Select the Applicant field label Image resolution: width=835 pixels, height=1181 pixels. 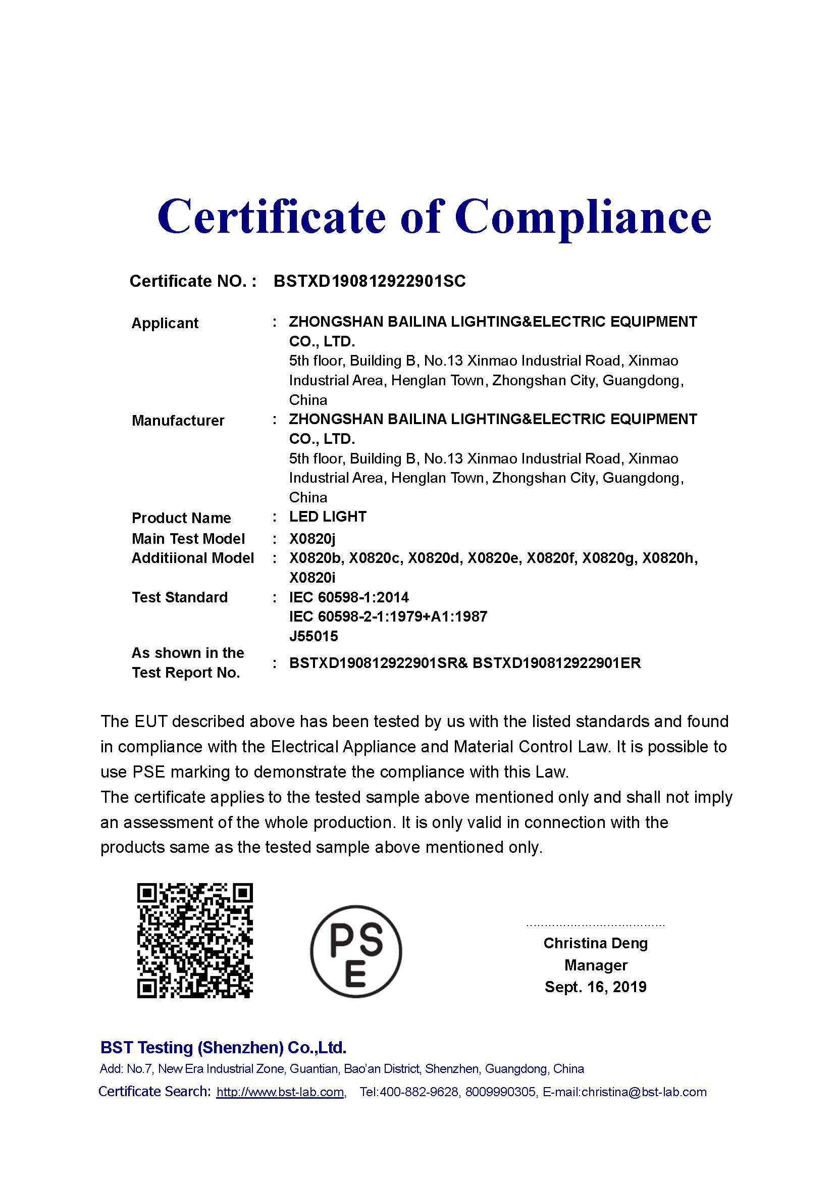[x=165, y=323]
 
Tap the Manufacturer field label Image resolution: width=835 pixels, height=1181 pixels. [x=178, y=420]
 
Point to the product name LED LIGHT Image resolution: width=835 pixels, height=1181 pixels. [x=328, y=517]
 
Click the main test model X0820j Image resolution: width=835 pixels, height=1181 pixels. [x=312, y=539]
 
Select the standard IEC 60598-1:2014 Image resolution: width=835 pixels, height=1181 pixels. [x=349, y=597]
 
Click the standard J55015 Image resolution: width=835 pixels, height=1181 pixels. [x=314, y=636]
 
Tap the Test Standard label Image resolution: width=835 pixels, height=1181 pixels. [x=179, y=597]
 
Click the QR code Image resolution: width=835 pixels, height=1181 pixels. [x=195, y=941]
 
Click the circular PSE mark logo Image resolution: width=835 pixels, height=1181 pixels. [x=356, y=951]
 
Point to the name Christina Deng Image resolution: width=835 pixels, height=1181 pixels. [x=595, y=943]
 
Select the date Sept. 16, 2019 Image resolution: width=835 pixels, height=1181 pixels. [x=595, y=987]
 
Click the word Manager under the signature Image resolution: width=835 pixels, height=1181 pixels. [x=595, y=965]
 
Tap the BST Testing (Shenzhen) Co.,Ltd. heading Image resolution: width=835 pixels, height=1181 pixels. [x=223, y=1047]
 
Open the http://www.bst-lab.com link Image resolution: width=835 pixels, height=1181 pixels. [x=280, y=1092]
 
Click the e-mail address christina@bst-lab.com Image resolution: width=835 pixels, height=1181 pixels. [x=644, y=1092]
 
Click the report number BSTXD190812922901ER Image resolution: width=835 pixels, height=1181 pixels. [x=556, y=663]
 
